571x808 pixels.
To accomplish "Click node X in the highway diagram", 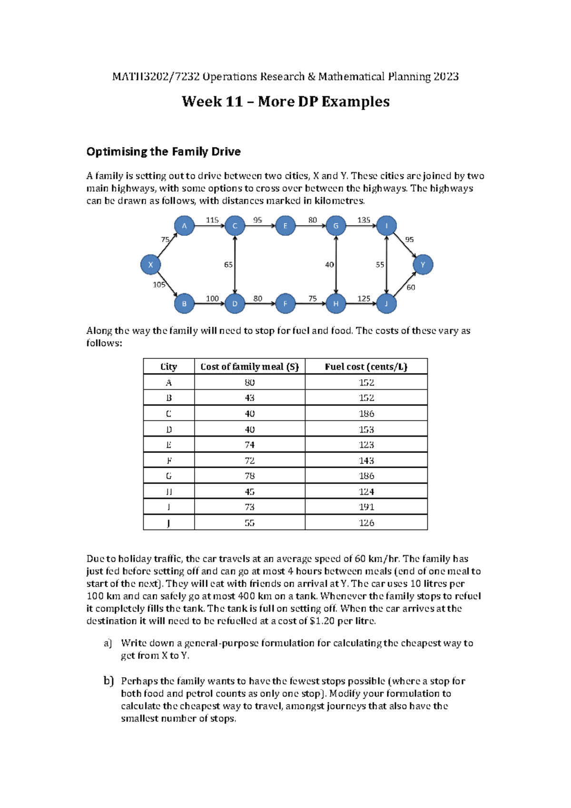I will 150,265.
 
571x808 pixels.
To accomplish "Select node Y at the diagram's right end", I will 423,265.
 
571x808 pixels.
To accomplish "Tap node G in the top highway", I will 336,226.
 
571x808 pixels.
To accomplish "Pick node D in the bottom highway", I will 235,304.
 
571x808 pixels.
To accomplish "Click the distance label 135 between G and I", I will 364,220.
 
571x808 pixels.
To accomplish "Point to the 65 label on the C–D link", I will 228,265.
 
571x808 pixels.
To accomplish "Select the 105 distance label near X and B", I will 159,285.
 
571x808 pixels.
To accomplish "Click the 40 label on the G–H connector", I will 329,265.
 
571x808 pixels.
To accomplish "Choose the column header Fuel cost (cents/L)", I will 366,366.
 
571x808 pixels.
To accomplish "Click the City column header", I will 168,366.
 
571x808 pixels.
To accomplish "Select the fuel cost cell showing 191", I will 366,507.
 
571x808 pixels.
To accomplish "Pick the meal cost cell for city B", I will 249,398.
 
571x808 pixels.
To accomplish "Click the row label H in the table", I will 168,492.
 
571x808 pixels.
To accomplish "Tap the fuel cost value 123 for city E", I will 366,444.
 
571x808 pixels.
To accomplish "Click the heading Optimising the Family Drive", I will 163,152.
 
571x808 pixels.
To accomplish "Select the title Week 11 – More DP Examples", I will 285,101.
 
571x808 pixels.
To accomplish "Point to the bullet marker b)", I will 108,681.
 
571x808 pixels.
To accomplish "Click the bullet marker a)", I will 108,643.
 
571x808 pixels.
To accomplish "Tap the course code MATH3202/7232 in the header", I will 156,77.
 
